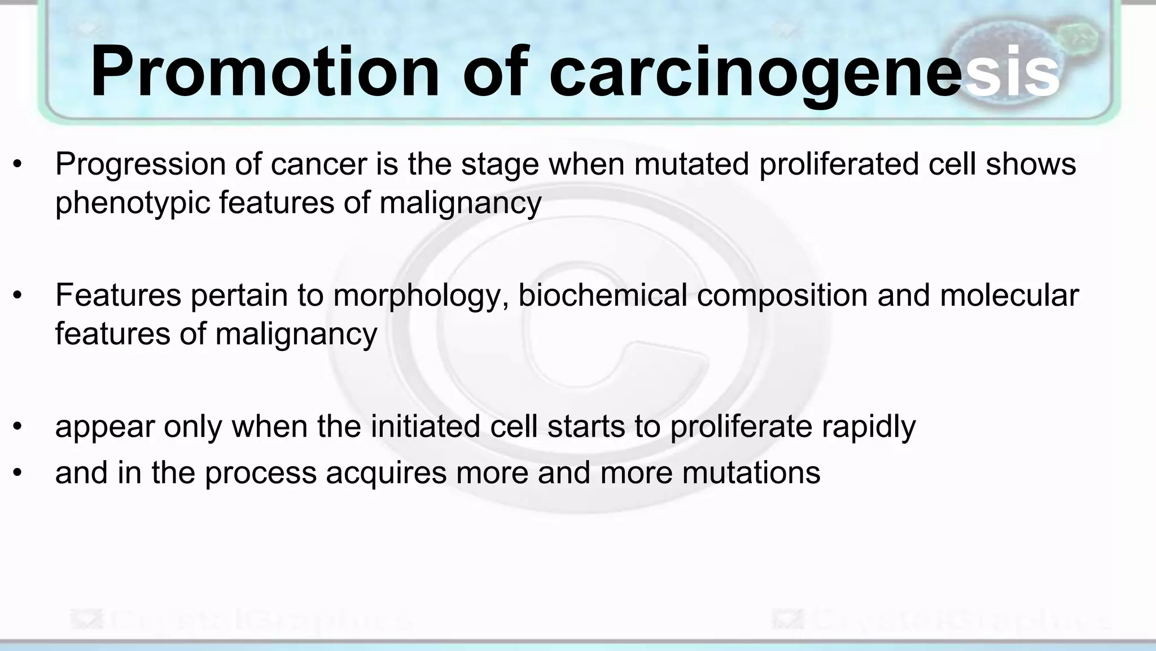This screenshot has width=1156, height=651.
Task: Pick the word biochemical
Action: pyautogui.click(x=602, y=296)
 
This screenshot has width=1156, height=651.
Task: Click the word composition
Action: pyautogui.click(x=782, y=296)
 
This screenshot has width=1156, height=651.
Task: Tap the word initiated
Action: pyautogui.click(x=425, y=427)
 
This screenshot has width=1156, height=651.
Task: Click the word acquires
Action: pyautogui.click(x=386, y=473)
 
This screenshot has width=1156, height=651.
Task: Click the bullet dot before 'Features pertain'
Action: pyautogui.click(x=18, y=296)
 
